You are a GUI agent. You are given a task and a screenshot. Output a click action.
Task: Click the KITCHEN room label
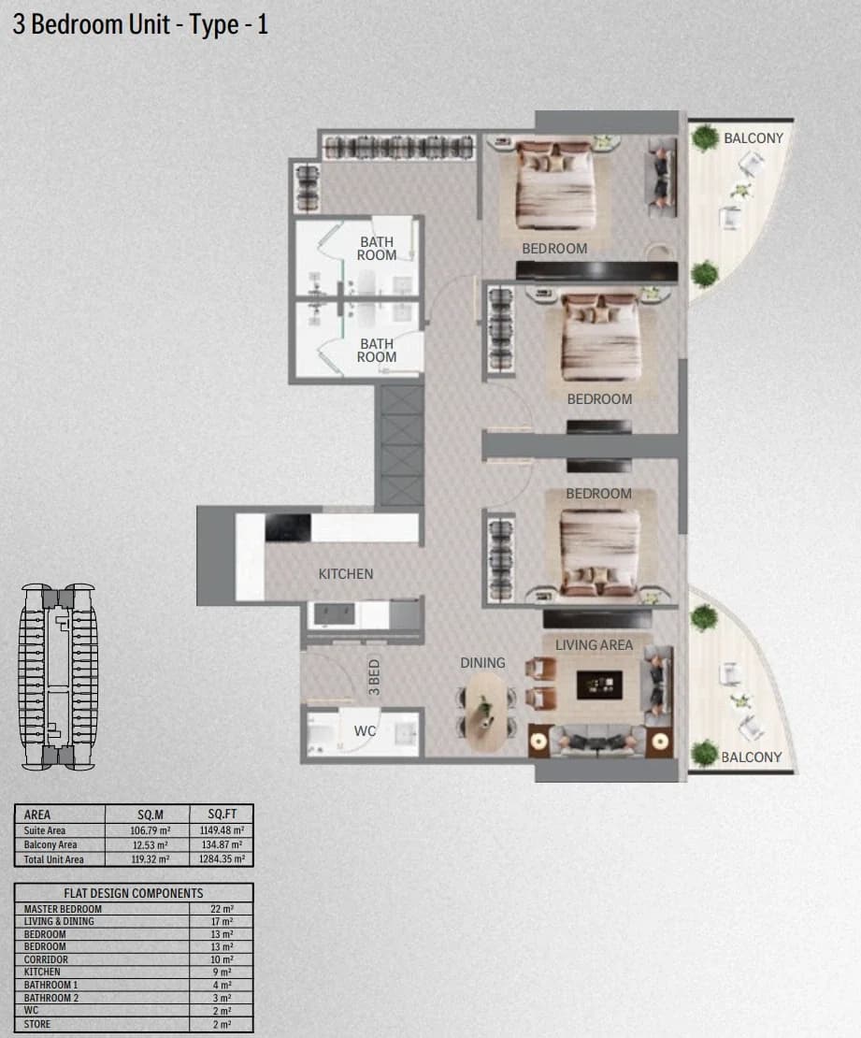click(346, 574)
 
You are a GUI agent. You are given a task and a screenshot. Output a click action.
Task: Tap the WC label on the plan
click(365, 731)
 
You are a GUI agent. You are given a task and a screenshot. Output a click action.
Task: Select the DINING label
click(482, 663)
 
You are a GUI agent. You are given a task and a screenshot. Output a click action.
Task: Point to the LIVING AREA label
click(594, 645)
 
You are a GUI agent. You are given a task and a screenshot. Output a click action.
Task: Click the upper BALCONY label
click(753, 138)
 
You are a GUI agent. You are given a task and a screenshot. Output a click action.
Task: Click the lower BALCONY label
click(751, 757)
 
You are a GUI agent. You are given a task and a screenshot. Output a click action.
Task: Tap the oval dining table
click(486, 712)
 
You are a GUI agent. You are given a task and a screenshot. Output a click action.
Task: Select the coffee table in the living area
click(599, 685)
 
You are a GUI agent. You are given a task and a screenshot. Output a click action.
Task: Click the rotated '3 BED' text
click(374, 676)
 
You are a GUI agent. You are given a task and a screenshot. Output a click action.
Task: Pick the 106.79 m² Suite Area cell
click(151, 830)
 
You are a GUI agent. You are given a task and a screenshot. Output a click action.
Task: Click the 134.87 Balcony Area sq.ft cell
click(222, 844)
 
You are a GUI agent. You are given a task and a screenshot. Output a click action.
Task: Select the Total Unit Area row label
click(53, 859)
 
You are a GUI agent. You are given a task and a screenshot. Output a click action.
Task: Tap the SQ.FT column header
click(222, 815)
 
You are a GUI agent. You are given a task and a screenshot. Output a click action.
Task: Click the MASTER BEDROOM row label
click(63, 909)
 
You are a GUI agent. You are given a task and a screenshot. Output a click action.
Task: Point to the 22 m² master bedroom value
click(222, 909)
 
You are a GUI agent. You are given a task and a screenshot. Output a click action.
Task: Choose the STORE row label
click(37, 1023)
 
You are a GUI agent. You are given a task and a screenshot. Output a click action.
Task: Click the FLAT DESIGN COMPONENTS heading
click(134, 893)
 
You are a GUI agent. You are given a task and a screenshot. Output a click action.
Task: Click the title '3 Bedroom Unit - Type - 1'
click(140, 24)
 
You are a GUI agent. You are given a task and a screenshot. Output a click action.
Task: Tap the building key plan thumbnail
click(58, 676)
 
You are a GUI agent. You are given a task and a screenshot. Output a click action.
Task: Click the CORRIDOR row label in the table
click(47, 959)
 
